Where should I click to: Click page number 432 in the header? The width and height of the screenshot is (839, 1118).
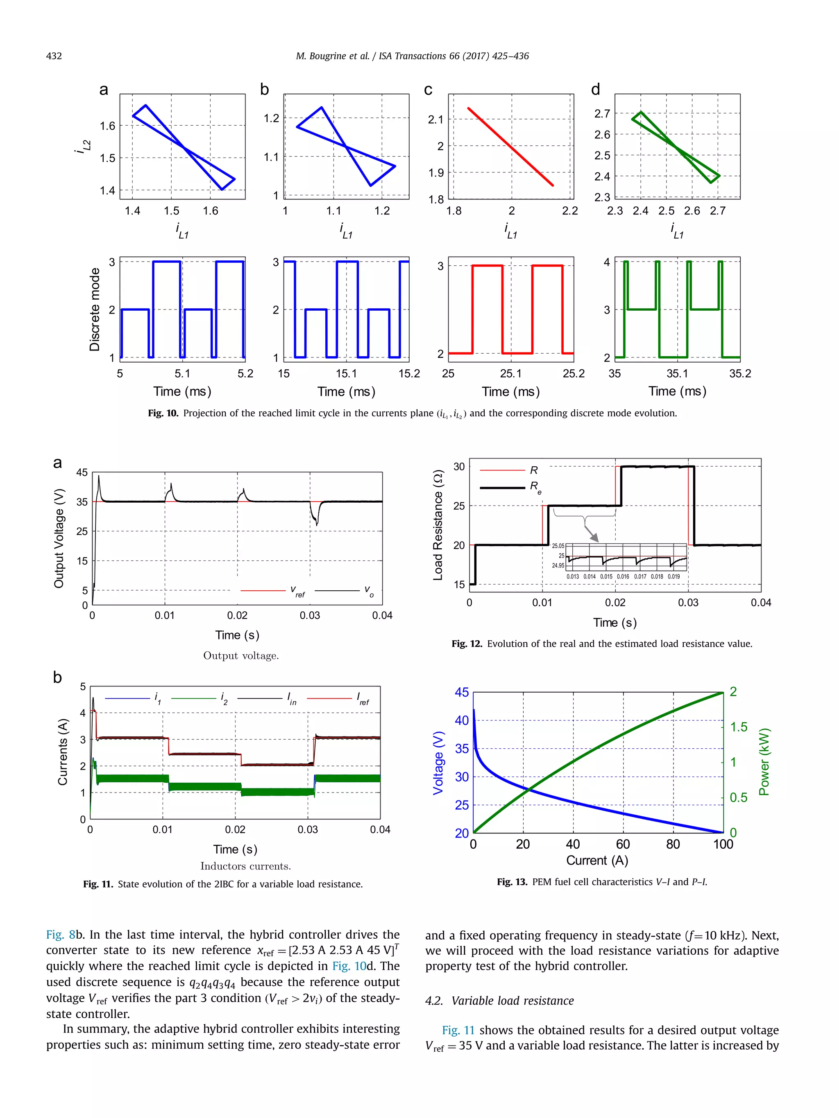pyautogui.click(x=54, y=56)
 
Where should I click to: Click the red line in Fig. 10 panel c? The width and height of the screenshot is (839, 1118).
pyautogui.click(x=510, y=147)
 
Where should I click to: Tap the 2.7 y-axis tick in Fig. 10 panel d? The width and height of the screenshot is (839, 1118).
pyautogui.click(x=602, y=114)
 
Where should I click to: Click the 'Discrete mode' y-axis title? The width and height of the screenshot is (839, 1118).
pyautogui.click(x=95, y=309)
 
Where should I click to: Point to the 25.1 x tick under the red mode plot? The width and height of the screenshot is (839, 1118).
pyautogui.click(x=510, y=373)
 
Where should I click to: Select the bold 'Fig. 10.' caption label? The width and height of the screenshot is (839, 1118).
pyautogui.click(x=163, y=413)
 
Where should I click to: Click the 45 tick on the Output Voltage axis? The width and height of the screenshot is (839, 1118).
pyautogui.click(x=82, y=472)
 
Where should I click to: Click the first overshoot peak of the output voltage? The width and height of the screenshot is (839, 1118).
pyautogui.click(x=99, y=476)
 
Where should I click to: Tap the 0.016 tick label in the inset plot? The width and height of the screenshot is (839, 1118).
pyautogui.click(x=623, y=577)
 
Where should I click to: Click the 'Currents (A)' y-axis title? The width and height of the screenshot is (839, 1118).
pyautogui.click(x=63, y=752)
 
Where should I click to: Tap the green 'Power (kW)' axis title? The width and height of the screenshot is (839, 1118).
pyautogui.click(x=764, y=762)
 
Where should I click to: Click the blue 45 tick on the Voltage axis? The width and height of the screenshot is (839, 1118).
pyautogui.click(x=461, y=692)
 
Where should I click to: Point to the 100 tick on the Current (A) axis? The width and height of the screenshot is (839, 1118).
pyautogui.click(x=723, y=845)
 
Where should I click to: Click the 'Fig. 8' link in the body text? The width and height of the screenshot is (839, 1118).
pyautogui.click(x=60, y=935)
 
